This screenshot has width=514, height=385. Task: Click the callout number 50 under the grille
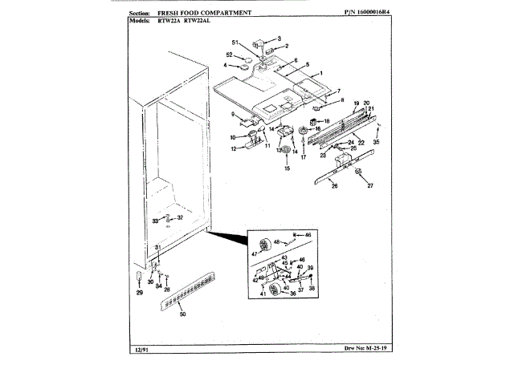(x=182, y=314)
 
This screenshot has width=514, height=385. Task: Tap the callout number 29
(x=138, y=293)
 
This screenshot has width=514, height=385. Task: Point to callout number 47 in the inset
(x=256, y=253)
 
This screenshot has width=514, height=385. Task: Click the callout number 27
(x=371, y=185)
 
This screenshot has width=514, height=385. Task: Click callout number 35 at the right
(x=376, y=142)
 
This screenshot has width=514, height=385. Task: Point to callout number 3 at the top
(x=279, y=38)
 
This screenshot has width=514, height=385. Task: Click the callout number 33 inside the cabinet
(x=156, y=220)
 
